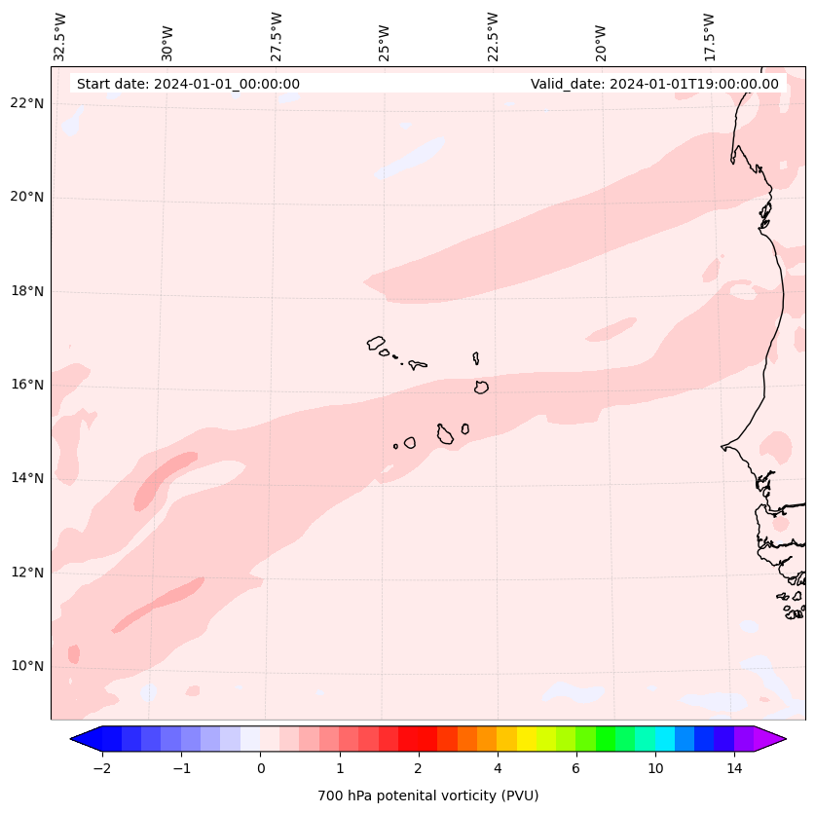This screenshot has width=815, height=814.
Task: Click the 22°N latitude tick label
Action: pyautogui.click(x=26, y=104)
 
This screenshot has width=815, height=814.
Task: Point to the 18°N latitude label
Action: pyautogui.click(x=26, y=291)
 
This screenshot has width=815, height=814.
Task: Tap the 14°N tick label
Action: pyautogui.click(x=26, y=478)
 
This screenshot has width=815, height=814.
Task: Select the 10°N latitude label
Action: pyautogui.click(x=26, y=666)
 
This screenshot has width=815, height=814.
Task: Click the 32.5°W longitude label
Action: pyautogui.click(x=60, y=36)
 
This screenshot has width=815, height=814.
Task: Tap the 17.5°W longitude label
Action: pyautogui.click(x=709, y=36)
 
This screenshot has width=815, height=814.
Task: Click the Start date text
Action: pyautogui.click(x=188, y=84)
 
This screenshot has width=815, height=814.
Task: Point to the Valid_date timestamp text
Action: pyautogui.click(x=654, y=84)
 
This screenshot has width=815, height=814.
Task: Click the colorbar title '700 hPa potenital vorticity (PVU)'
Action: pyautogui.click(x=427, y=795)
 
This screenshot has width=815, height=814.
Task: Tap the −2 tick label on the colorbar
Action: pyautogui.click(x=101, y=768)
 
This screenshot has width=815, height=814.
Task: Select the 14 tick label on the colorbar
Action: pyautogui.click(x=734, y=768)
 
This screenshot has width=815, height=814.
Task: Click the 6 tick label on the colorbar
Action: pyautogui.click(x=575, y=768)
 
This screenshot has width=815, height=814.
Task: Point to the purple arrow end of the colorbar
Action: pyautogui.click(x=770, y=739)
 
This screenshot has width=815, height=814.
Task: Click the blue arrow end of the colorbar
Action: pyautogui.click(x=86, y=739)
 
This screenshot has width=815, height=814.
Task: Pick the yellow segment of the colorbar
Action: pyautogui.click(x=526, y=739)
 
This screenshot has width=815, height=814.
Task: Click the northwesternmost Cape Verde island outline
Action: pyautogui.click(x=376, y=343)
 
